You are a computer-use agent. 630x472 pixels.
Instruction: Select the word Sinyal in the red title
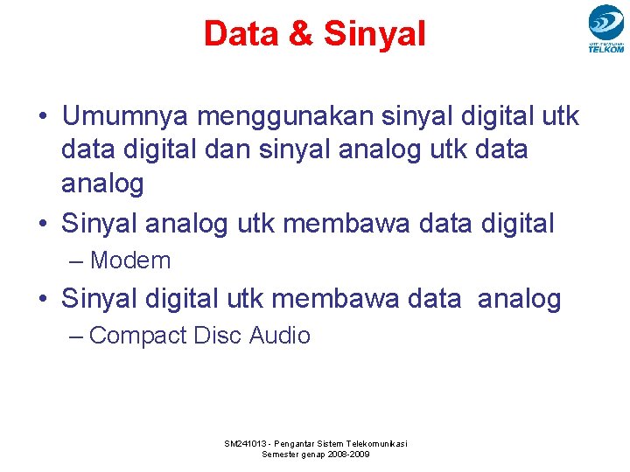click(374, 34)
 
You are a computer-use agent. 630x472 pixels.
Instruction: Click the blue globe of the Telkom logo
click(605, 21)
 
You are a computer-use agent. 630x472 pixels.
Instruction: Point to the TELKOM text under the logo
click(605, 50)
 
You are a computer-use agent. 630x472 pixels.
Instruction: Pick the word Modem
click(130, 260)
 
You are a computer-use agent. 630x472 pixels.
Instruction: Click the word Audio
click(280, 335)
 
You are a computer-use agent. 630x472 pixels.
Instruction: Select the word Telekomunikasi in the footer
click(376, 444)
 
